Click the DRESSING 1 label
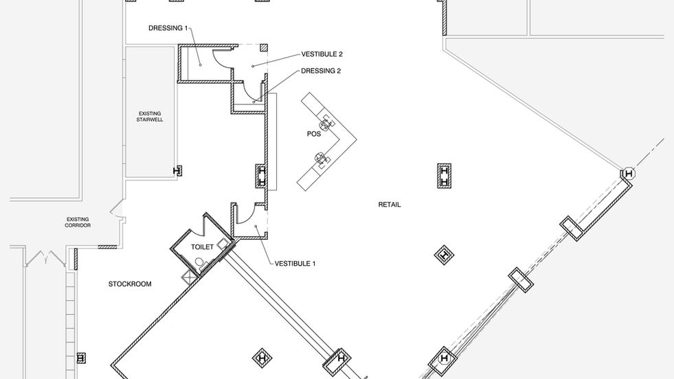(x=168, y=28)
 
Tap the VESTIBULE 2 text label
(x=322, y=54)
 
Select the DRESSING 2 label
(x=321, y=71)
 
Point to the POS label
(x=314, y=134)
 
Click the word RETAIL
(x=389, y=205)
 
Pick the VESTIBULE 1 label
(x=295, y=263)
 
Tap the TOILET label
(x=202, y=246)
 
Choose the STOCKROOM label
(x=130, y=284)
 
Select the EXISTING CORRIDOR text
(x=78, y=222)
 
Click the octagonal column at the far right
(x=628, y=174)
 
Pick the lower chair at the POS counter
(x=321, y=160)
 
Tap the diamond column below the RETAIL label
(x=445, y=255)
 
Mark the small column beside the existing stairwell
(x=178, y=170)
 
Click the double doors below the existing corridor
(x=45, y=259)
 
